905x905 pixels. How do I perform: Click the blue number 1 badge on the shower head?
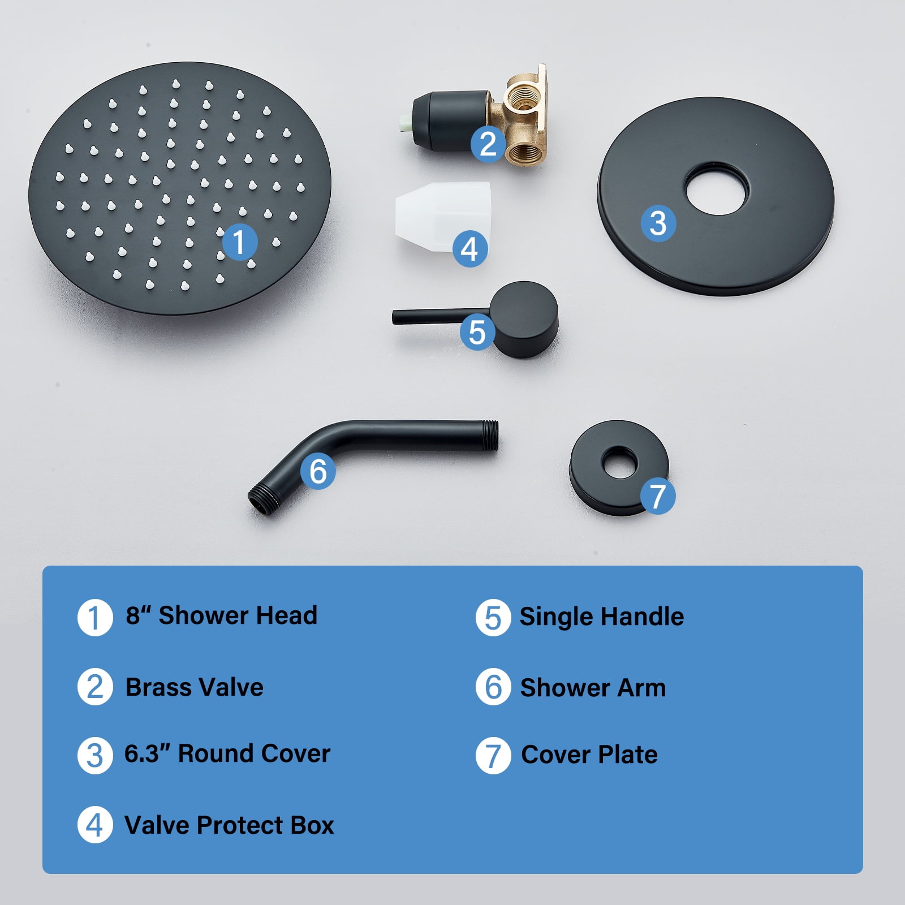click(240, 242)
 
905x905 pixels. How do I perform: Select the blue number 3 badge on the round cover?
click(658, 223)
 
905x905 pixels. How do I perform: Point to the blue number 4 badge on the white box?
click(470, 249)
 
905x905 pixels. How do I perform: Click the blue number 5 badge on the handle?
click(477, 332)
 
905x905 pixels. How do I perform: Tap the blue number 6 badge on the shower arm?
click(318, 471)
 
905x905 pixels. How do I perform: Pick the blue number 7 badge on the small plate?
click(658, 496)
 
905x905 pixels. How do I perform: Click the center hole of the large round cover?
click(717, 189)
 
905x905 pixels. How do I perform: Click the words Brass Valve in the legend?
click(195, 688)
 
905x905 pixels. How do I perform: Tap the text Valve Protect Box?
click(229, 825)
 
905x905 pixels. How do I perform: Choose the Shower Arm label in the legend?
click(593, 688)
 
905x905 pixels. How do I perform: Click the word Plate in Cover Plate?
click(628, 755)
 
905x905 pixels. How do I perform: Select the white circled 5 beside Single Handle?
click(493, 618)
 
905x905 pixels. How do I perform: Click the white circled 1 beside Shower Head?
click(95, 618)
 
